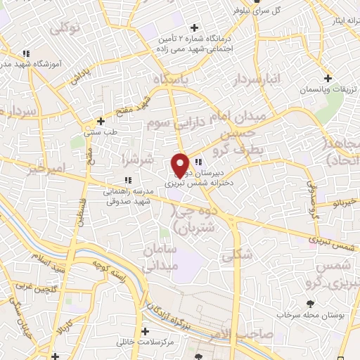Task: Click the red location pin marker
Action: pos(181,165)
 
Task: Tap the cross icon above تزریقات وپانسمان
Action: pos(328,78)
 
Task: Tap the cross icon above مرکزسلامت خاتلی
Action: pos(146,331)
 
